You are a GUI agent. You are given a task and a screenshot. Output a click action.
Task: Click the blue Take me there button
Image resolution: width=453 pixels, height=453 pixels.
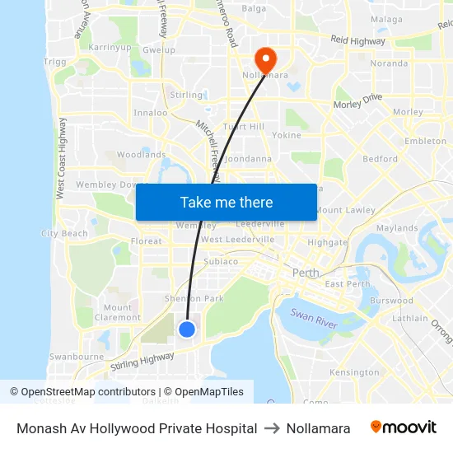(226, 203)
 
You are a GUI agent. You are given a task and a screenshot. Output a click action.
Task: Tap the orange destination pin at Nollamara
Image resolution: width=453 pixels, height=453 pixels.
(265, 59)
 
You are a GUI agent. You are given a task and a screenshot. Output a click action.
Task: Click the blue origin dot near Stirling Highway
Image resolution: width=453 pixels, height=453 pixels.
(187, 329)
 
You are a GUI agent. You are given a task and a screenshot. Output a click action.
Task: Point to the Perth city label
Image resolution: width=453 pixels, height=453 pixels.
(306, 272)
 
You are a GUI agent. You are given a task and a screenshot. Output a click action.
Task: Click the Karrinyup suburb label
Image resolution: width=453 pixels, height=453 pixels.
(110, 48)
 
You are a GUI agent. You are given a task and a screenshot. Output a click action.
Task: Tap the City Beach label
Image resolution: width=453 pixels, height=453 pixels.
(64, 234)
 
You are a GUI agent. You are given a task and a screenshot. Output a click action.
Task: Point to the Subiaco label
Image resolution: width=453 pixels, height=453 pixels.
(222, 262)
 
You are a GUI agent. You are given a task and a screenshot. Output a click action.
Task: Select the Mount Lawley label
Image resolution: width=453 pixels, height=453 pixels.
(345, 210)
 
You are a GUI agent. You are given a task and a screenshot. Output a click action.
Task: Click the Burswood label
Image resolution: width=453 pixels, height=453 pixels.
(392, 301)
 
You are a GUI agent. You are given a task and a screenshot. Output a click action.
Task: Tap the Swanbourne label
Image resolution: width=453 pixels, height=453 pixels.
(75, 357)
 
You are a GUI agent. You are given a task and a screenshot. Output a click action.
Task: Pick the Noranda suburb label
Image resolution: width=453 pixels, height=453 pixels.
(390, 63)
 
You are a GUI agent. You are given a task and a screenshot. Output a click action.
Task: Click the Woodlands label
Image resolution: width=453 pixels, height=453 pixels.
(141, 154)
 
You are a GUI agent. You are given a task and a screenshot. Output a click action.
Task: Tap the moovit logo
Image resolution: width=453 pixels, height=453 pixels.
(404, 427)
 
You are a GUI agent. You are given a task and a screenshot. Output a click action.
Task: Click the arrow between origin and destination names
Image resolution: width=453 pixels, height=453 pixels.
(272, 428)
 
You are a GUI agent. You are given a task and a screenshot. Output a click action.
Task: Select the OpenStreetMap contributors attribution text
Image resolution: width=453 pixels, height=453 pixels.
(82, 392)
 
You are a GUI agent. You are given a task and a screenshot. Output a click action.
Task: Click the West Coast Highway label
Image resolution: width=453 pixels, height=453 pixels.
(60, 169)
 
